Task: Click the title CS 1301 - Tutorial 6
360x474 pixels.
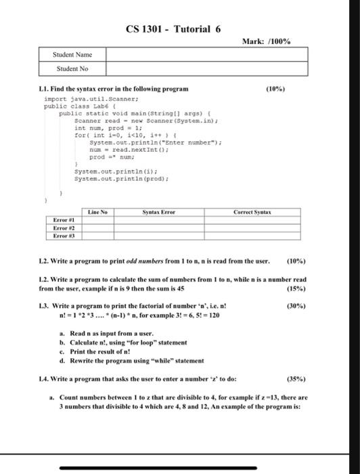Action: coord(174,29)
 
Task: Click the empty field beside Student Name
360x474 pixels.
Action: coord(196,55)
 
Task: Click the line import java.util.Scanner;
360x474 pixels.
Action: coord(76,98)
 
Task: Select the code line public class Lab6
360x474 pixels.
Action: coord(72,106)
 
